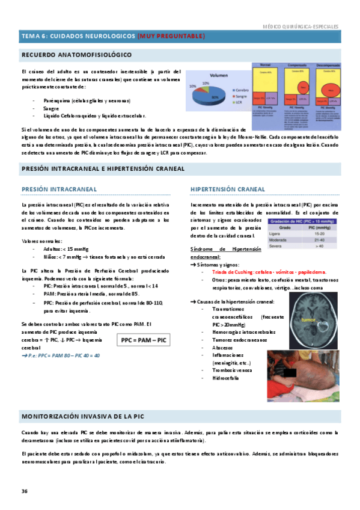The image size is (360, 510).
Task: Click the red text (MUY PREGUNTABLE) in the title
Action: pyautogui.click(x=171, y=36)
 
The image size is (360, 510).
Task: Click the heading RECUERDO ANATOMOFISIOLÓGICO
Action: pyautogui.click(x=76, y=55)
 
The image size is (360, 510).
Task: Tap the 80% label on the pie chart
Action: pyautogui.click(x=215, y=97)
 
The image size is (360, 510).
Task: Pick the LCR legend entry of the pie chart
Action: pyautogui.click(x=234, y=102)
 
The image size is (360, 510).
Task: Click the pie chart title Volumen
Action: pyautogui.click(x=219, y=76)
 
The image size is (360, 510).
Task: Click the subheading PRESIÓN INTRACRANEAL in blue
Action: pyautogui.click(x=59, y=189)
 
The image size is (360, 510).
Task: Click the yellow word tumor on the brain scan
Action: pyautogui.click(x=311, y=320)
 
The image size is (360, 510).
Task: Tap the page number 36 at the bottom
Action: pyautogui.click(x=25, y=491)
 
